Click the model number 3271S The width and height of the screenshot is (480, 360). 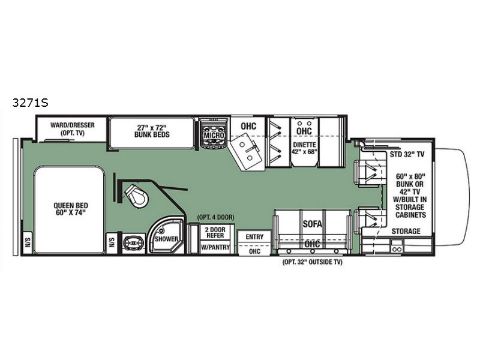[x=31, y=103]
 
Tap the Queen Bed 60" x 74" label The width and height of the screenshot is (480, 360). [x=71, y=209]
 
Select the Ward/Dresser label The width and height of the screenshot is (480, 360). [x=73, y=125]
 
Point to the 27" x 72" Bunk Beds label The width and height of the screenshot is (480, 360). [x=152, y=131]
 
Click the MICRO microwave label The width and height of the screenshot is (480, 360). [x=214, y=135]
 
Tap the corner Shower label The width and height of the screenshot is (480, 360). [x=166, y=239]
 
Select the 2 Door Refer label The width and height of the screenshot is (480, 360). [x=215, y=232]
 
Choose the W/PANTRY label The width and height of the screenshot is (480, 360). [x=215, y=247]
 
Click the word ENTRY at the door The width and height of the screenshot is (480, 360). [x=254, y=236]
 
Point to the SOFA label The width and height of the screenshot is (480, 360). [x=312, y=224]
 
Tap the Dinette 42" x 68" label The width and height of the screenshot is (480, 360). [x=304, y=148]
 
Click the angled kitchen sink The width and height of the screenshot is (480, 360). [x=247, y=152]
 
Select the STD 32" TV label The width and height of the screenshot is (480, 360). [x=407, y=154]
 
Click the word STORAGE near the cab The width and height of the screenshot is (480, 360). [x=406, y=231]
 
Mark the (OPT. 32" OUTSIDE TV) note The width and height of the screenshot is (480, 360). [x=312, y=262]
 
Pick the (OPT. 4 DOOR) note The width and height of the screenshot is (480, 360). [x=216, y=217]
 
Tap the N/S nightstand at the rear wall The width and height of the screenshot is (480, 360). [x=28, y=243]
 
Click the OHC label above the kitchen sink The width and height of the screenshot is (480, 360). [x=248, y=126]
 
